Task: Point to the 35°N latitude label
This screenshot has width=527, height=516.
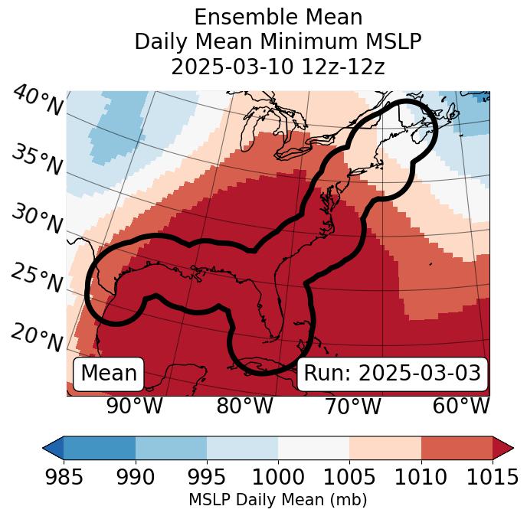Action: (37, 158)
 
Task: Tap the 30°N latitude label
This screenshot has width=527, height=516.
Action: (37, 219)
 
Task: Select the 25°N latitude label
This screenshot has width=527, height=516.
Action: (37, 277)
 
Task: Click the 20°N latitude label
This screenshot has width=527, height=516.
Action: (37, 335)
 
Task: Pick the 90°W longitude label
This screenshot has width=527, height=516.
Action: (134, 406)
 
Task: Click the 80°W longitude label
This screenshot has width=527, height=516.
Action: (244, 406)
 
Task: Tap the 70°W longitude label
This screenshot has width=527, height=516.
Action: (352, 406)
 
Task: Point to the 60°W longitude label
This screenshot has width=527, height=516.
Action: (460, 406)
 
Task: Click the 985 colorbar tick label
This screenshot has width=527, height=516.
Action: (64, 477)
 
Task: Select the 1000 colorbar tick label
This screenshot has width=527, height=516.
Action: (278, 477)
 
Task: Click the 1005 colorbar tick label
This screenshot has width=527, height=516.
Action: (349, 477)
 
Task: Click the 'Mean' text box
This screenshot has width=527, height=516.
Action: (109, 373)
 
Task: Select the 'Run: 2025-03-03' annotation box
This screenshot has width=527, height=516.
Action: (392, 373)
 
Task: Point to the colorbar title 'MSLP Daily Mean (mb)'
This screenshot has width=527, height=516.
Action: (277, 501)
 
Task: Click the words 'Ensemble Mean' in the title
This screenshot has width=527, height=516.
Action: (277, 17)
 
